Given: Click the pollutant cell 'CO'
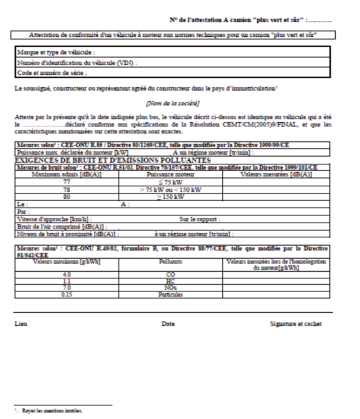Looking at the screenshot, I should pos(171,274).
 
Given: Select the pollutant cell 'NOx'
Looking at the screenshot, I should pos(171,287).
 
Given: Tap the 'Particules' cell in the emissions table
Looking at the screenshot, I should pos(171,294).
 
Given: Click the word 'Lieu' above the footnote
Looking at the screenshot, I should pos(21,324).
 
